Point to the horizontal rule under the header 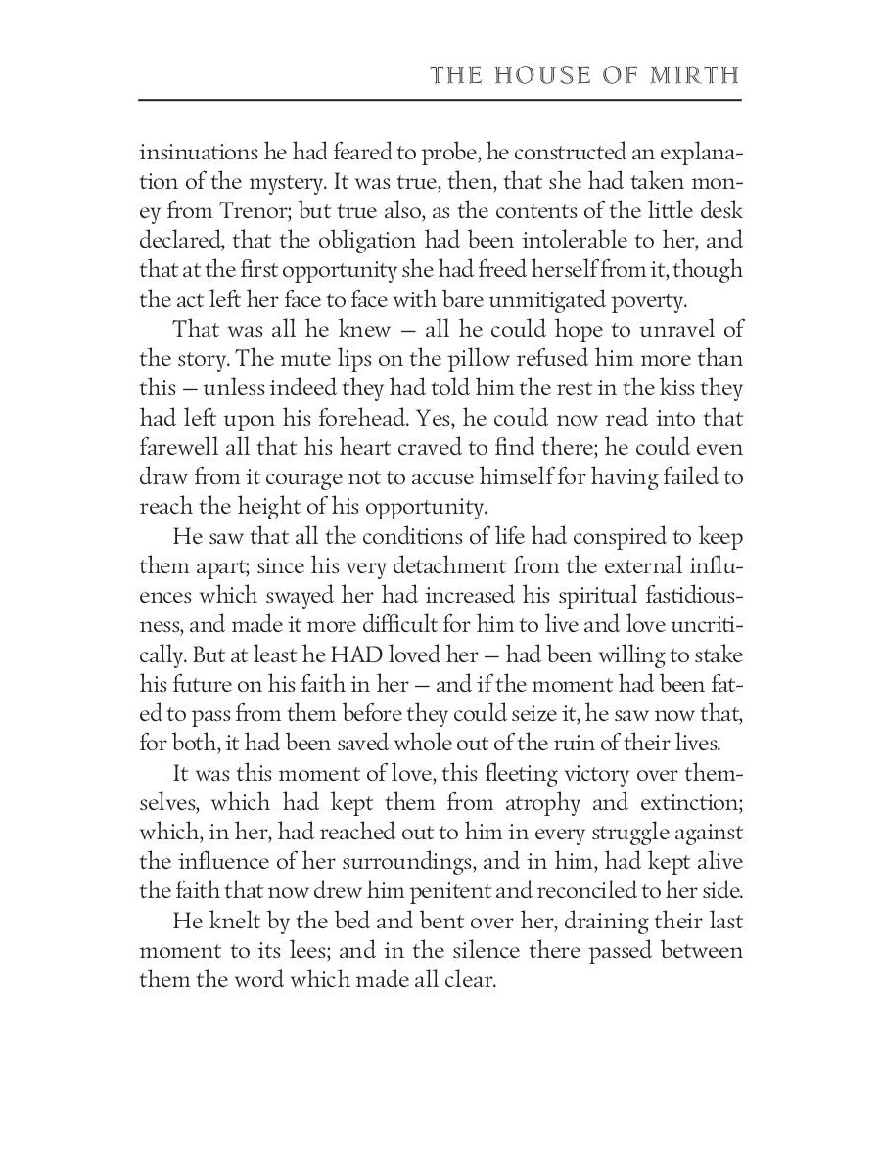pyautogui.click(x=440, y=99)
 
